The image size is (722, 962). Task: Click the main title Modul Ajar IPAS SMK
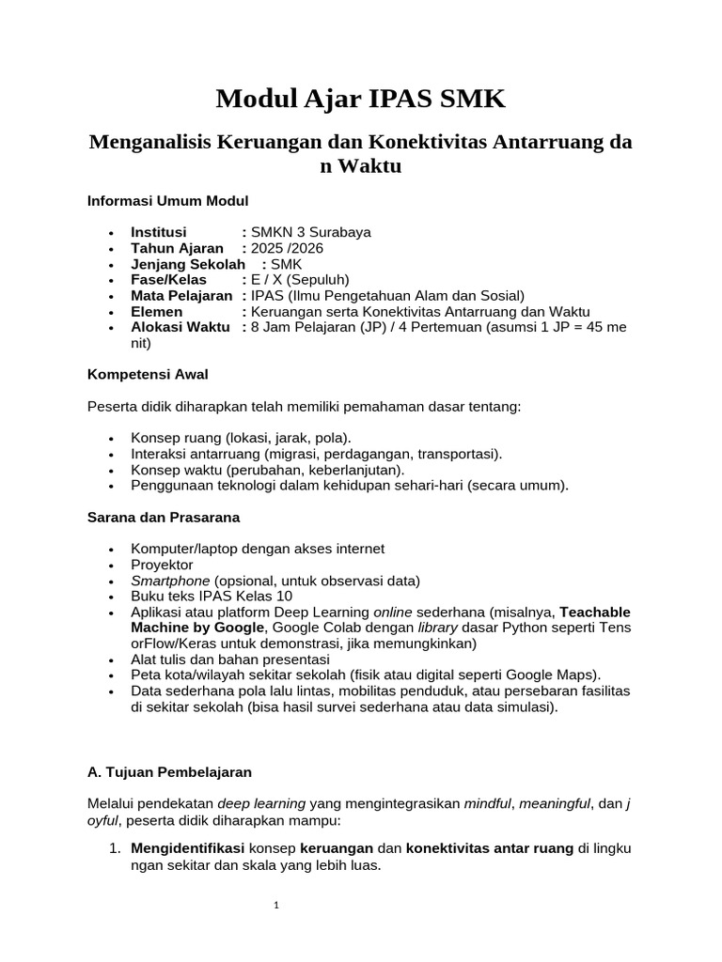click(x=360, y=98)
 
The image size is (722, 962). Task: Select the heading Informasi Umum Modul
click(x=167, y=200)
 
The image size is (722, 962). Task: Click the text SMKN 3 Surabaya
click(x=306, y=232)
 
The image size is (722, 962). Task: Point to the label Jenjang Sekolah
click(x=181, y=264)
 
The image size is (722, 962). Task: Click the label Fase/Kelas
click(x=168, y=280)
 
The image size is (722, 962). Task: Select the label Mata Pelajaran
click(x=181, y=296)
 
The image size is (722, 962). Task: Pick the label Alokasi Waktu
click(x=180, y=327)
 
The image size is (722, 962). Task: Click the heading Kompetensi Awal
click(x=148, y=374)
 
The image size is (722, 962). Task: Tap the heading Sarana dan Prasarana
click(x=164, y=517)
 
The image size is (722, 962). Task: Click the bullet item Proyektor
click(x=162, y=565)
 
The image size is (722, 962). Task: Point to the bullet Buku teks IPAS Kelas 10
click(x=212, y=597)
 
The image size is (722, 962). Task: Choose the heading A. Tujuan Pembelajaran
click(x=170, y=771)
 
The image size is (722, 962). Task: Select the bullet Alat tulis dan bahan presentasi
click(x=230, y=659)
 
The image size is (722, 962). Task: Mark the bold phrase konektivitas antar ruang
click(x=489, y=848)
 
